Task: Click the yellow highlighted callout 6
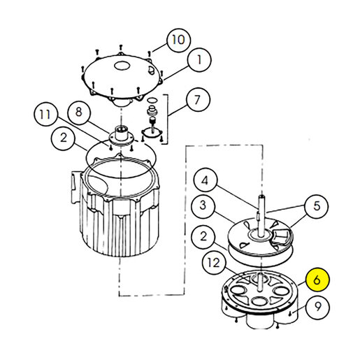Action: click(x=317, y=280)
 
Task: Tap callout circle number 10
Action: click(x=179, y=40)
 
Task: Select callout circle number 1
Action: click(x=199, y=60)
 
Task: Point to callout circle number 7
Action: click(x=198, y=100)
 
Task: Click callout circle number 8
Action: click(x=79, y=112)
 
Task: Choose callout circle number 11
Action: click(x=45, y=114)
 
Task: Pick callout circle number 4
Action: click(x=206, y=180)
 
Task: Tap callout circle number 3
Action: click(x=203, y=206)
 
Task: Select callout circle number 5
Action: click(x=317, y=206)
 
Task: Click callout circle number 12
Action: click(x=214, y=263)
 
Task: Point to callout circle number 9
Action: click(x=318, y=307)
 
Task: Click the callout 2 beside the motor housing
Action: click(x=63, y=138)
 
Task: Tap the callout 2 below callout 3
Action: click(x=204, y=237)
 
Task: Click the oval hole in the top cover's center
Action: click(x=122, y=66)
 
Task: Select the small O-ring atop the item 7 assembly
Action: click(x=152, y=101)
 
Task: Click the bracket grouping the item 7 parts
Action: click(x=167, y=120)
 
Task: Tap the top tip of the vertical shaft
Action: click(x=262, y=196)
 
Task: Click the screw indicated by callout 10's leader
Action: click(x=150, y=54)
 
